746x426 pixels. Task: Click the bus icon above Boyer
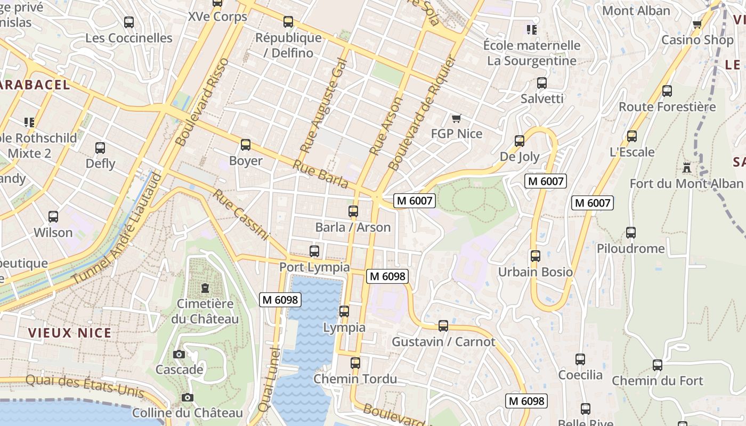(x=246, y=145)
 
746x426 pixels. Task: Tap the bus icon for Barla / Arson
(x=353, y=211)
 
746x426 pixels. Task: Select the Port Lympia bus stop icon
(x=314, y=251)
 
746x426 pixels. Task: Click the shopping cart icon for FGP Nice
(x=456, y=118)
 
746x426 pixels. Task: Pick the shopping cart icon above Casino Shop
(x=697, y=24)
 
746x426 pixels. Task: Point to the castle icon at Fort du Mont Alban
(x=687, y=168)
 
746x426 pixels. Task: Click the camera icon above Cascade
(x=179, y=354)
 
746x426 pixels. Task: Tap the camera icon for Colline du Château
(x=187, y=397)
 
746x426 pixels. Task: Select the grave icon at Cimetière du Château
(x=205, y=288)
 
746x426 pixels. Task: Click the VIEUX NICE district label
(x=70, y=333)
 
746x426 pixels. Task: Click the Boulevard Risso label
(x=202, y=102)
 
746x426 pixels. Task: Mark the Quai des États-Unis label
(x=85, y=386)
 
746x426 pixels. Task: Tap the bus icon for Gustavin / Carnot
(x=443, y=326)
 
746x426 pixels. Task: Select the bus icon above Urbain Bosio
(x=536, y=256)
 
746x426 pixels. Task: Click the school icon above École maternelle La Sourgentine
(x=531, y=29)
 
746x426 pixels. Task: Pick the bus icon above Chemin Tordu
(x=355, y=363)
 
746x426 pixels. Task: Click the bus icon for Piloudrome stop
(x=631, y=233)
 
